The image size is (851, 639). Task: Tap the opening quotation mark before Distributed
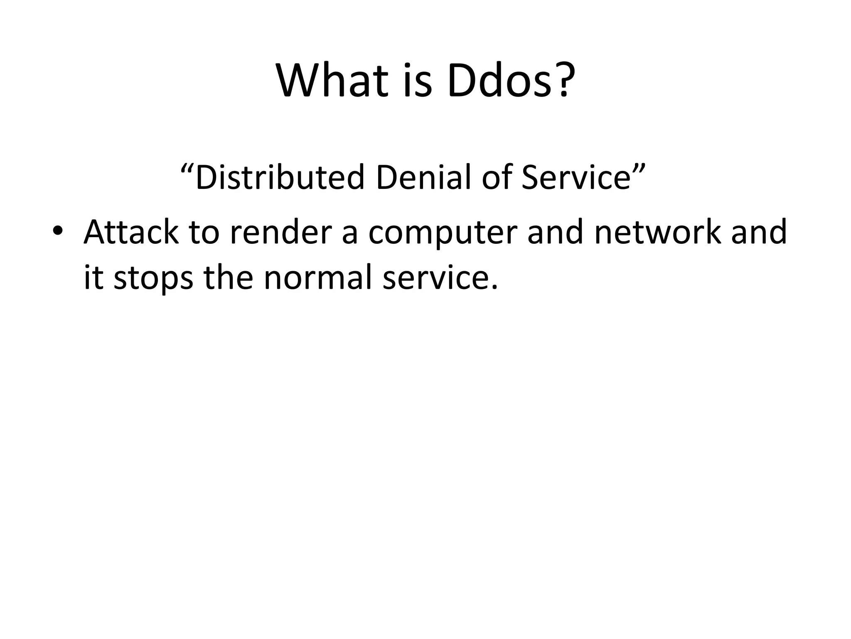(x=187, y=168)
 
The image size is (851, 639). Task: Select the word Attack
(x=131, y=232)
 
